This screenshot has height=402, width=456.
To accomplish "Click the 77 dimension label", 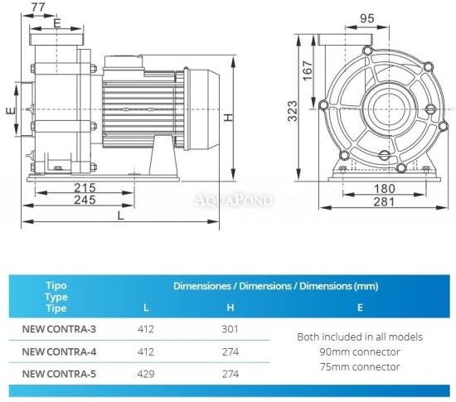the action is [x=38, y=7].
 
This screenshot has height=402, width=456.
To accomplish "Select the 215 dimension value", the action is [x=85, y=188].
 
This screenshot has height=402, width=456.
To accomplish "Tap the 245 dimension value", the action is [x=85, y=200].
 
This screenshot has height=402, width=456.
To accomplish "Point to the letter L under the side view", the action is [x=121, y=216].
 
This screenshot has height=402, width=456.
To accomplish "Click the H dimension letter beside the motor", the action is [x=229, y=117].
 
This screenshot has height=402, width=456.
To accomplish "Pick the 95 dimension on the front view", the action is [x=366, y=18].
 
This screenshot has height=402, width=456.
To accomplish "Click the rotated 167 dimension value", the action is [x=308, y=70].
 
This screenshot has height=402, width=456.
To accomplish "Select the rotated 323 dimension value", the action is [x=293, y=111].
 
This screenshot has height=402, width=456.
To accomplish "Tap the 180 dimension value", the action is [x=384, y=189].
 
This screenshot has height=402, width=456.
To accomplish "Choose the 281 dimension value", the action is [x=384, y=201].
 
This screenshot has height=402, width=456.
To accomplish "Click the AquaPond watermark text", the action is [x=234, y=201].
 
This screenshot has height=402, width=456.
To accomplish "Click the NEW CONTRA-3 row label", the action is [x=59, y=329].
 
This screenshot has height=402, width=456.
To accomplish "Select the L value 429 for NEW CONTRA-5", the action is [x=146, y=374].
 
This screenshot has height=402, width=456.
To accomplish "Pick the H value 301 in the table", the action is [x=230, y=329].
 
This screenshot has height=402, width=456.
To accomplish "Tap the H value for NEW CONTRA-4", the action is [x=230, y=351].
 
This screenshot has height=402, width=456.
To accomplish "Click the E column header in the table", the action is [x=360, y=308].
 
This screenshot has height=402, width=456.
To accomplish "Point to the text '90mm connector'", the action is [x=360, y=352].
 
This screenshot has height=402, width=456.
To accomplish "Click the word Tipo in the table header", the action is [x=56, y=286].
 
